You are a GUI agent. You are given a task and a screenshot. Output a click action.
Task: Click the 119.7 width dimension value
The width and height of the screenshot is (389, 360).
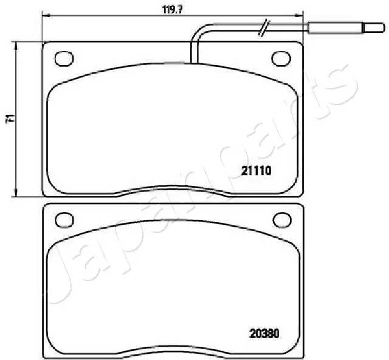pos(173,10)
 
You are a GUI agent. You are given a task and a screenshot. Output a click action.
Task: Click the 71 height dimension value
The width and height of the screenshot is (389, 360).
pos(10,119)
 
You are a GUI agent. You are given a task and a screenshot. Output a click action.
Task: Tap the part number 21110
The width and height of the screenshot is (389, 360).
pos(256,171)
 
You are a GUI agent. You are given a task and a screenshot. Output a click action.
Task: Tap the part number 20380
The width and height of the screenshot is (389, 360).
pos(264,333)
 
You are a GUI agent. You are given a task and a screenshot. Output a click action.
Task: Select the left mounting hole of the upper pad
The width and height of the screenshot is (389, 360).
pos(64,58)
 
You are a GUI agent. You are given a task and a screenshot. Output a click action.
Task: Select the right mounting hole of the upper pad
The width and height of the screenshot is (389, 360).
pos(281,58)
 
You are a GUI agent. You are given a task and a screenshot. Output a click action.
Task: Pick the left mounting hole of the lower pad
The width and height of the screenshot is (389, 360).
pos(64,220)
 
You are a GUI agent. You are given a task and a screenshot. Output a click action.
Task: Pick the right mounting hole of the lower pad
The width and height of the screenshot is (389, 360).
pos(282,220)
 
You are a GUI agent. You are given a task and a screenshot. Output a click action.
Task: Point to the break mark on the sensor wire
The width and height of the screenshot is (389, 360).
pos(264,27)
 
